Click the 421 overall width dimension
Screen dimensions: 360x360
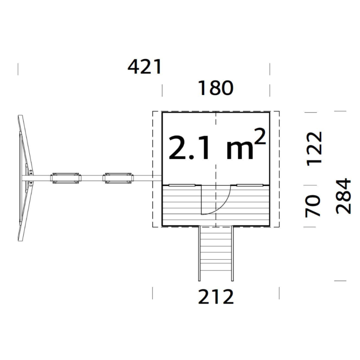(x=144, y=67)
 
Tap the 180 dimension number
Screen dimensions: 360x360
(x=216, y=88)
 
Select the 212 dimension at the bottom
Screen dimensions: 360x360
(x=216, y=297)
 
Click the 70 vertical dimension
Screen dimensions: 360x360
(x=312, y=206)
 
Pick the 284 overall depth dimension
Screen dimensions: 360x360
(x=343, y=196)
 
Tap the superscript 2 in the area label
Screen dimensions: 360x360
(x=260, y=136)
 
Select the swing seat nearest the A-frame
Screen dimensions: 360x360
(x=66, y=178)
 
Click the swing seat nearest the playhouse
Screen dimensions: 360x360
(x=118, y=178)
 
